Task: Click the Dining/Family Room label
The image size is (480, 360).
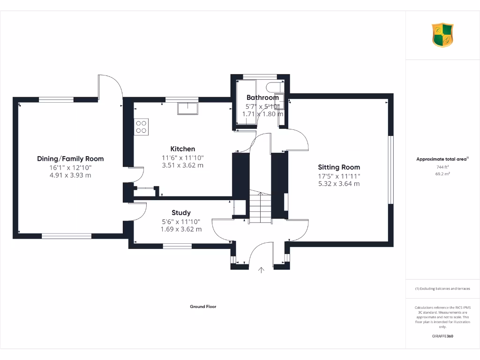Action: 70,159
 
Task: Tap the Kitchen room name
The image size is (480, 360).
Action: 182,149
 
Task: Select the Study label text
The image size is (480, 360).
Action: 181,213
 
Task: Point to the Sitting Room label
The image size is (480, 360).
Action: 339,167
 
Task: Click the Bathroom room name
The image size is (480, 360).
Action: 262,97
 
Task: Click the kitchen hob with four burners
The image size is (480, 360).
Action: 141,127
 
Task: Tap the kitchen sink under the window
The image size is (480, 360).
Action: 187,109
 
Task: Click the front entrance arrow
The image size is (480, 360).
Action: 261,270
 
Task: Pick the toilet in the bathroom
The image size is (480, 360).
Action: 272,87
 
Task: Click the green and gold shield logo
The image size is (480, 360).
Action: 442,36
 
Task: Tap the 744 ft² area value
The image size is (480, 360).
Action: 442,167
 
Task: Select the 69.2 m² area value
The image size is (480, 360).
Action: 442,173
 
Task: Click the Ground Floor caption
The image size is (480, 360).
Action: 203,307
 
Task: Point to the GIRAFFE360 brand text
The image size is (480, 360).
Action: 442,336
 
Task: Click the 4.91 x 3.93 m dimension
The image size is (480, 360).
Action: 70,175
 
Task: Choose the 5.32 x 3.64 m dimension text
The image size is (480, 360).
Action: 339,184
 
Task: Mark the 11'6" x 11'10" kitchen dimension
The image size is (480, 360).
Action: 182,158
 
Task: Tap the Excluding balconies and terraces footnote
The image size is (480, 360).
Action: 442,289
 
